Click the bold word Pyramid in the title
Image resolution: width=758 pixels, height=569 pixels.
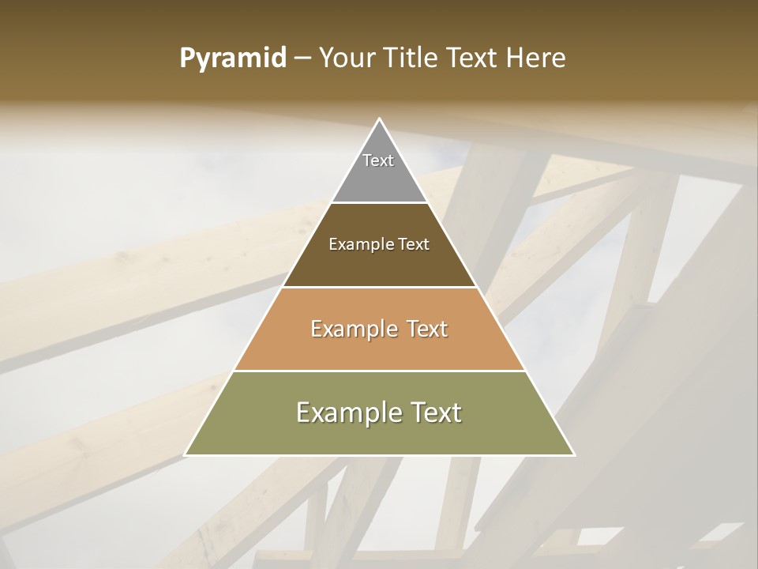pyautogui.click(x=233, y=58)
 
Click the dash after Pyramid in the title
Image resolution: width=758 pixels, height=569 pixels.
pyautogui.click(x=302, y=58)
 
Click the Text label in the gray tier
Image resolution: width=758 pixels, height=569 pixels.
pyautogui.click(x=378, y=160)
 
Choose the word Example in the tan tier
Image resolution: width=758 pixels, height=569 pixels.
pyautogui.click(x=352, y=329)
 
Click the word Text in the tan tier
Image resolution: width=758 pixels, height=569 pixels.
pyautogui.click(x=426, y=329)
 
